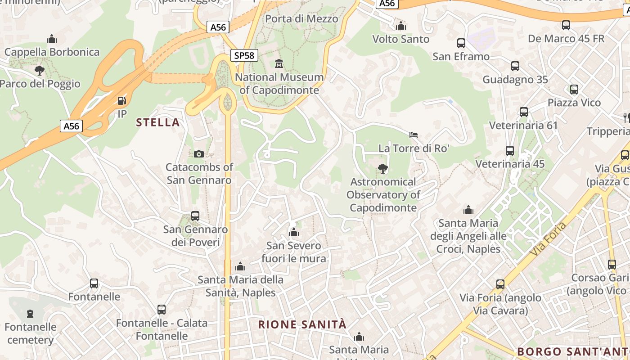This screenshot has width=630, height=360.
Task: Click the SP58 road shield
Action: pyautogui.click(x=244, y=55)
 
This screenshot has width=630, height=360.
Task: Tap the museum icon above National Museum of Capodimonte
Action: pyautogui.click(x=279, y=64)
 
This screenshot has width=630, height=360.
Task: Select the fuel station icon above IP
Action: pyautogui.click(x=121, y=100)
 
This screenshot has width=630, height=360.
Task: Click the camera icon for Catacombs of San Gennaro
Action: pyautogui.click(x=198, y=154)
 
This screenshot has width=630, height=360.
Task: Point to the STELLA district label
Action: pyautogui.click(x=157, y=122)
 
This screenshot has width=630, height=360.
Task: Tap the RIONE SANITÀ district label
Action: pyautogui.click(x=302, y=324)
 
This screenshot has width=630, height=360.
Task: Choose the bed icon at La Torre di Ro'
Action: pyautogui.click(x=414, y=135)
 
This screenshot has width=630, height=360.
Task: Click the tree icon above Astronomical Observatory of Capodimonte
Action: pyautogui.click(x=383, y=169)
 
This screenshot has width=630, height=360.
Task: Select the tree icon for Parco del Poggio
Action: pyautogui.click(x=40, y=70)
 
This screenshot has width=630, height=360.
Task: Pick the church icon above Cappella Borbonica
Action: pyautogui.click(x=52, y=39)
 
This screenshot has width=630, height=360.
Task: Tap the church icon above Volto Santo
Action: pyautogui.click(x=401, y=26)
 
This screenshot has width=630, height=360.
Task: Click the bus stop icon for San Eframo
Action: pyautogui.click(x=461, y=43)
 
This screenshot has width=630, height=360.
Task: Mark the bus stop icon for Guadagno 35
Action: pyautogui.click(x=515, y=66)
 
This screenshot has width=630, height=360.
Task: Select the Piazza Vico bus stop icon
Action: pyautogui.click(x=574, y=89)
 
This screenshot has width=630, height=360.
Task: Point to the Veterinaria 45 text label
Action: pyautogui.click(x=510, y=164)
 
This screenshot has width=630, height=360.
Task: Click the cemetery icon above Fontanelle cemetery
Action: pyautogui.click(x=30, y=313)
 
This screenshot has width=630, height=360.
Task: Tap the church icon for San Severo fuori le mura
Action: pyautogui.click(x=294, y=232)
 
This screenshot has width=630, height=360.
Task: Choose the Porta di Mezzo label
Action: pyautogui.click(x=301, y=19)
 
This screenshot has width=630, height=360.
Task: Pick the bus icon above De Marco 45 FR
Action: pyautogui.click(x=566, y=25)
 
